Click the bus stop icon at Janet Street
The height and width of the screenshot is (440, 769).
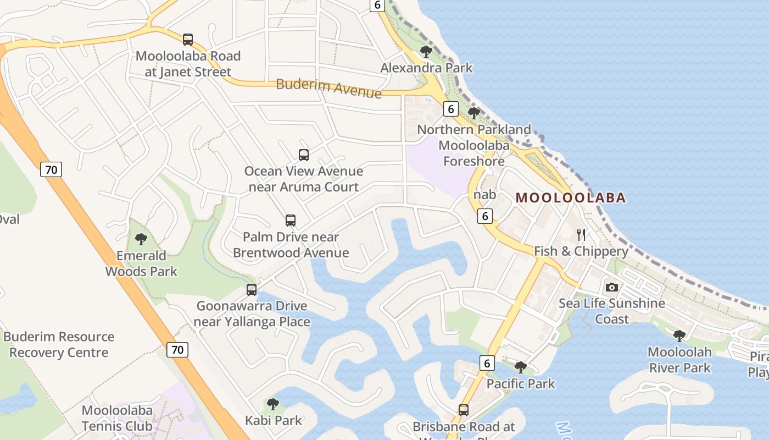pyautogui.click(x=188, y=40)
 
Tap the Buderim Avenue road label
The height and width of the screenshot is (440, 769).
pyautogui.click(x=328, y=88)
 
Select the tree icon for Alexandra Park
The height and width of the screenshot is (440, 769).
pyautogui.click(x=425, y=52)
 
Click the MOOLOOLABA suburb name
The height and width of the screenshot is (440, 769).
pyautogui.click(x=571, y=198)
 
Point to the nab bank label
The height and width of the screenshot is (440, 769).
pyautogui.click(x=484, y=195)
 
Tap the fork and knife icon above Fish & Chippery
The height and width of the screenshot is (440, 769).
pyautogui.click(x=581, y=235)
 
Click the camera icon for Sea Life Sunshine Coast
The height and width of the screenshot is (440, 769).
pyautogui.click(x=611, y=287)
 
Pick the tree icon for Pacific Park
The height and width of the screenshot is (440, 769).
pyautogui.click(x=520, y=367)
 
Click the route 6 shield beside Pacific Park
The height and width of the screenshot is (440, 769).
pyautogui.click(x=487, y=363)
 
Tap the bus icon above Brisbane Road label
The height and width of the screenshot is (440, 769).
pyautogui.click(x=464, y=410)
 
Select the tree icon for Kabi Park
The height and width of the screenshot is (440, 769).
pyautogui.click(x=273, y=405)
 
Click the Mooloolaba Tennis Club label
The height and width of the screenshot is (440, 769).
pyautogui.click(x=117, y=418)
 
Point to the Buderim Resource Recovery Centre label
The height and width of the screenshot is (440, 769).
pyautogui.click(x=59, y=344)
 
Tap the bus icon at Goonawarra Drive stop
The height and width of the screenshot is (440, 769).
pyautogui.click(x=252, y=290)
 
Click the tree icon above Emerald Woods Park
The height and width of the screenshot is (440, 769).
pyautogui.click(x=141, y=239)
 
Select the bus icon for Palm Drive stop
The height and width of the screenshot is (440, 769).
pyautogui.click(x=291, y=221)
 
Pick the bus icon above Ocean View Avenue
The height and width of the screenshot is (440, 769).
pyautogui.click(x=304, y=155)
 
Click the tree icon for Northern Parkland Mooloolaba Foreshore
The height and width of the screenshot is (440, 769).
pyautogui.click(x=473, y=113)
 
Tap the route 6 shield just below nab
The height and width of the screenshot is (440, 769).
pyautogui.click(x=485, y=216)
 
